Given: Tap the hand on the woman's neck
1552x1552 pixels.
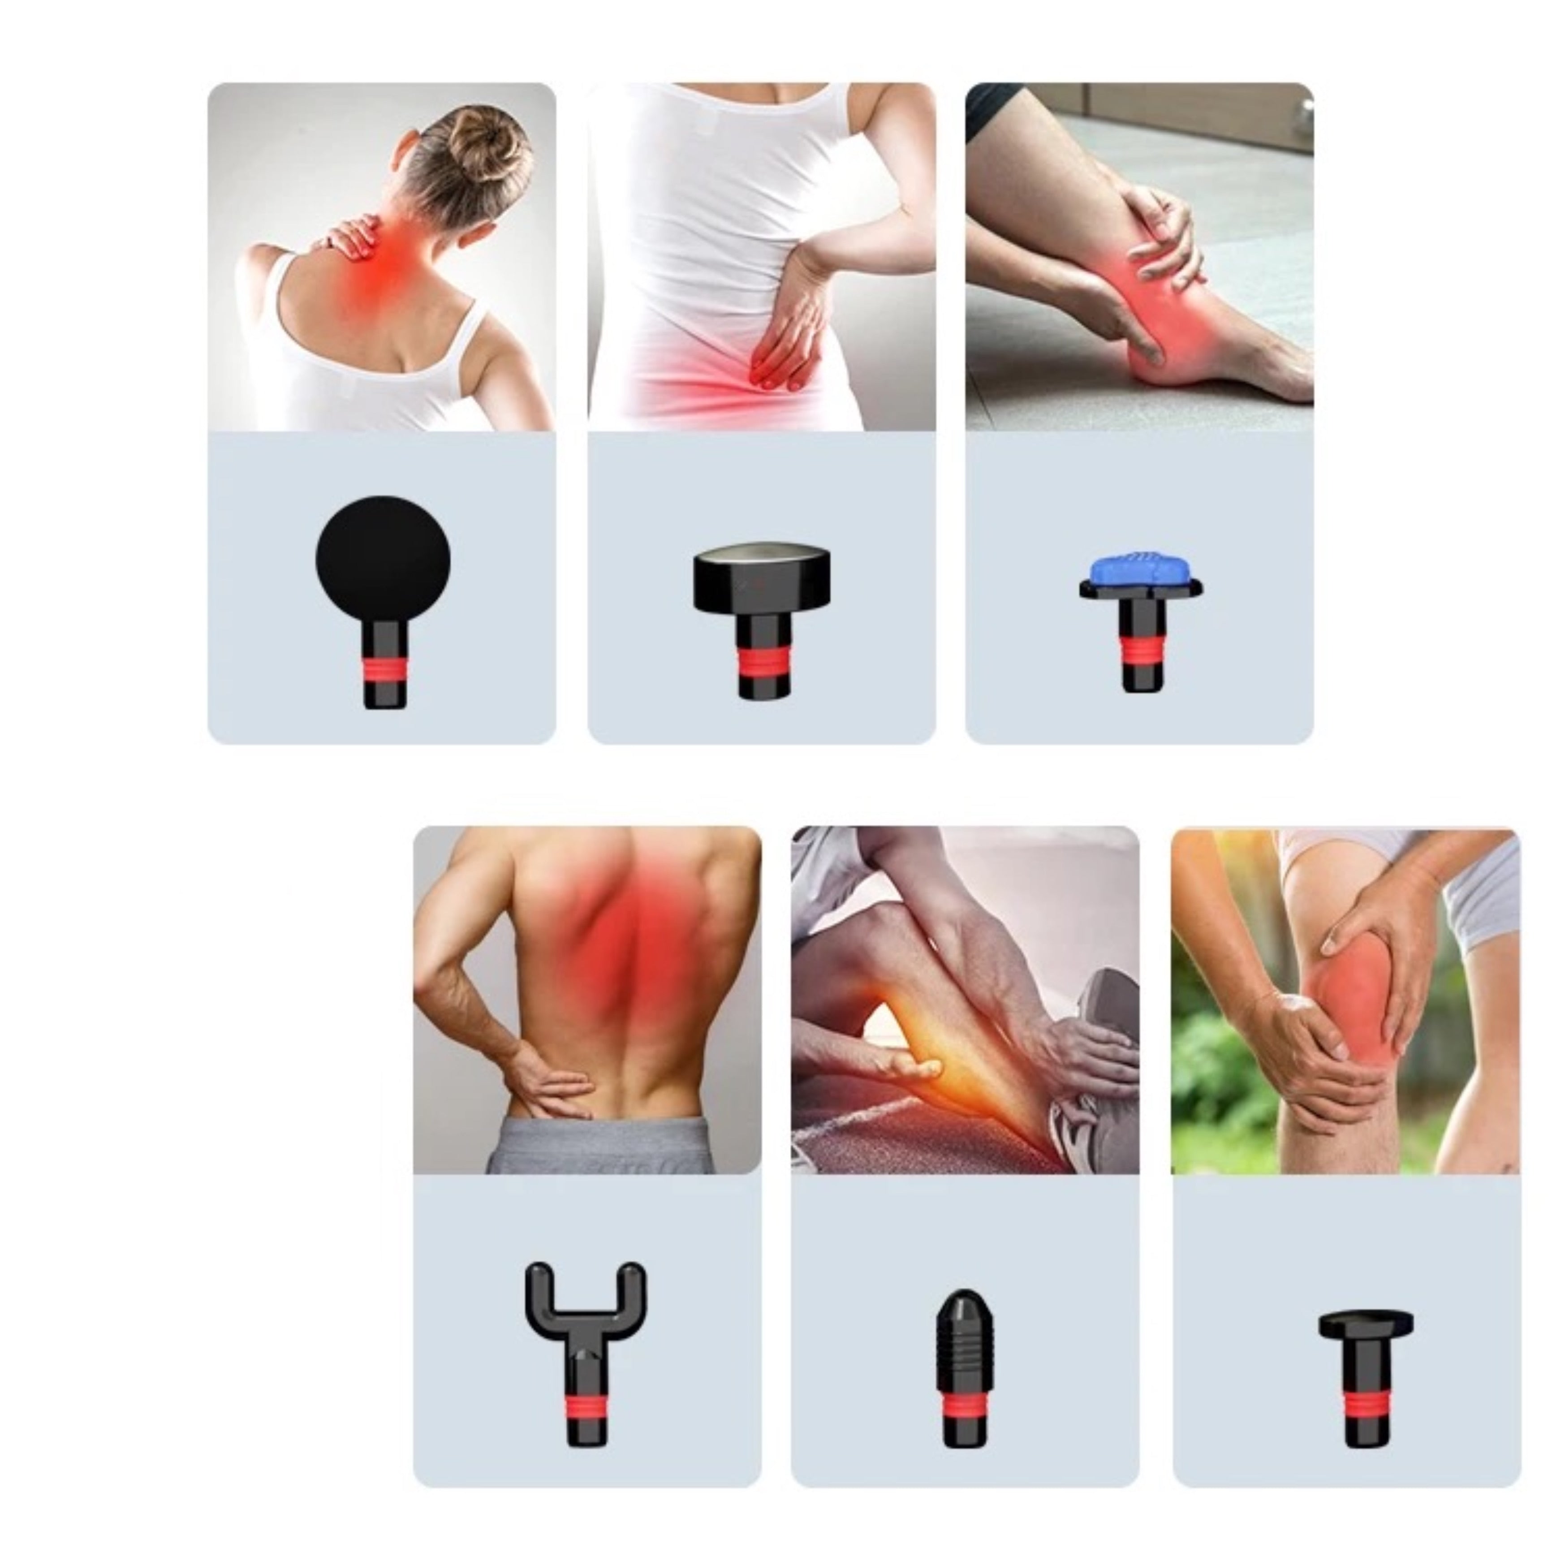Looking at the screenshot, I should click(351, 233).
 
